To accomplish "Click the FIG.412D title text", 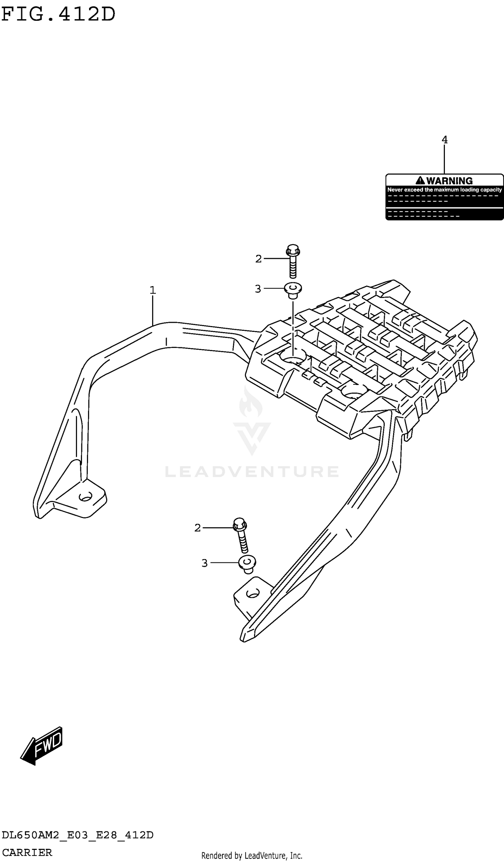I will [58, 14].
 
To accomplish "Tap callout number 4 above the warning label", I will [444, 140].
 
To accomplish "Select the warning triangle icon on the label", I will [420, 181].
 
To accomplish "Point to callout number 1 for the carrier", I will [153, 290].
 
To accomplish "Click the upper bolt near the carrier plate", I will [293, 261].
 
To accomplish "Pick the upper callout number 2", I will [258, 259].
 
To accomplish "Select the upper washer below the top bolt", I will [293, 290].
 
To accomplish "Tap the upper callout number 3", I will [258, 289].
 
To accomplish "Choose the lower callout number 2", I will [197, 528].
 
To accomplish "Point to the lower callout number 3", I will [204, 563].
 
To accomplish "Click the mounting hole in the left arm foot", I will [85, 497].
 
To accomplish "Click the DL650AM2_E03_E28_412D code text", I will [78, 835].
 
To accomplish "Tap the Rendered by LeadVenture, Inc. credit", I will [252, 856].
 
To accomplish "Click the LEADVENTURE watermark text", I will [252, 472].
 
